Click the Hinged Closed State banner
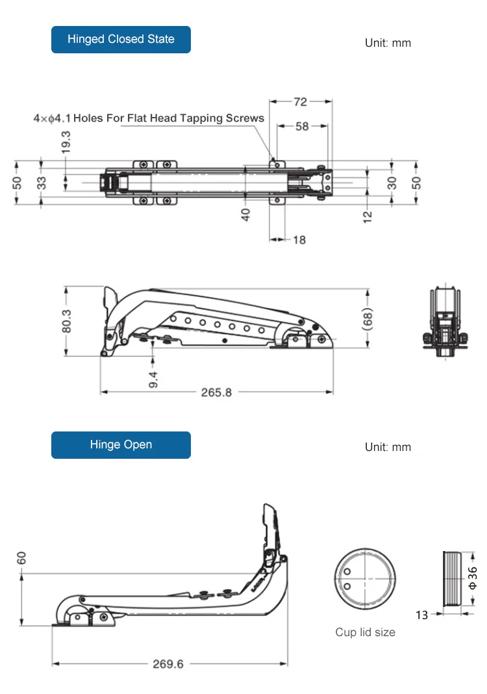[121, 40]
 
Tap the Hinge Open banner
[121, 445]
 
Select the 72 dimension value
[300, 102]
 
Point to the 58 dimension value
[302, 127]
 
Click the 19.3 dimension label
[66, 142]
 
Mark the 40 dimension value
[246, 214]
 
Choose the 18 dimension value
[299, 240]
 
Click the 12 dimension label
[368, 214]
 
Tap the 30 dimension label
[392, 183]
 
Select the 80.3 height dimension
[66, 321]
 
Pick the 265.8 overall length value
[216, 392]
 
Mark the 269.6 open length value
[168, 664]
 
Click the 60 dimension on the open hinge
[22, 558]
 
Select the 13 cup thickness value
[422, 615]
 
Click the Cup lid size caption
[365, 632]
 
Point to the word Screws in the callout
[245, 118]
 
